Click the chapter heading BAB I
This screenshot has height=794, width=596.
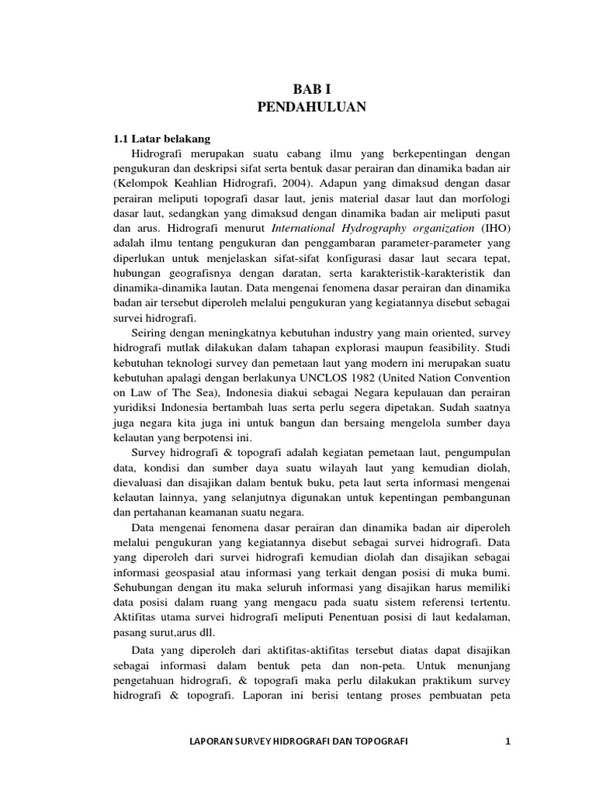click(310, 91)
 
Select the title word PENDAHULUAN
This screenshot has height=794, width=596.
click(310, 108)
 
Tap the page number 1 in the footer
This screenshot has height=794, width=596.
click(508, 742)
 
